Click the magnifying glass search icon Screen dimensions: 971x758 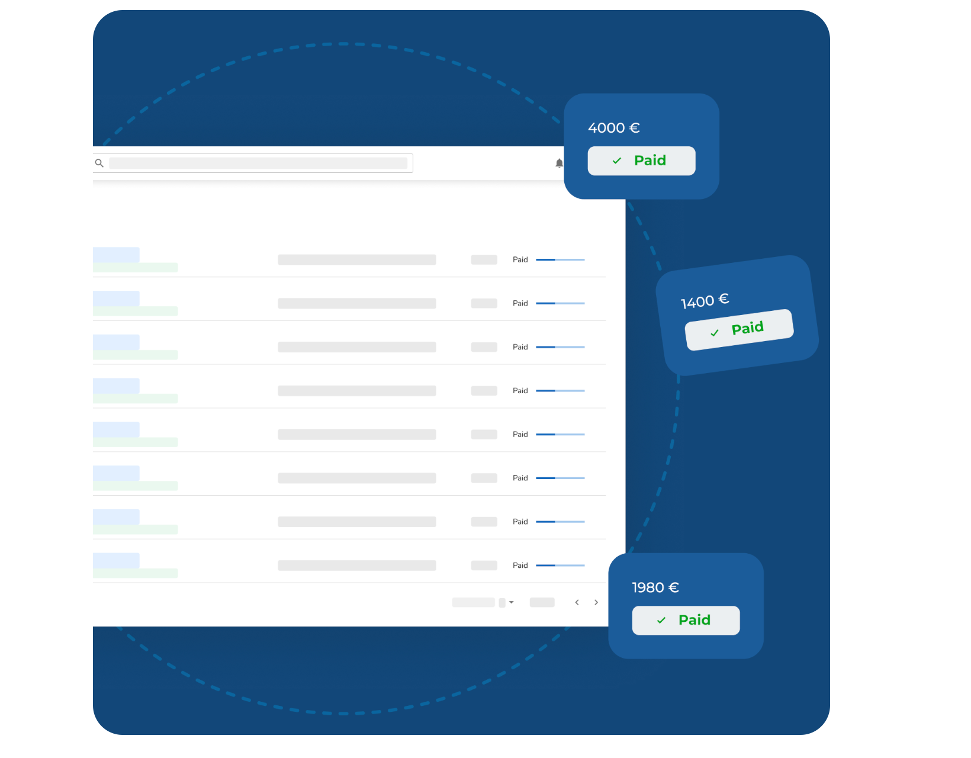pyautogui.click(x=99, y=163)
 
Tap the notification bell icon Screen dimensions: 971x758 pyautogui.click(x=559, y=163)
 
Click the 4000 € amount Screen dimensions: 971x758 pyautogui.click(x=613, y=128)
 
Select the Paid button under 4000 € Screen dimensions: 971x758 pyautogui.click(x=641, y=160)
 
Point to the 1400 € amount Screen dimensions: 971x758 pyautogui.click(x=705, y=301)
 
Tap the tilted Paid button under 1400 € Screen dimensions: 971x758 pyautogui.click(x=739, y=329)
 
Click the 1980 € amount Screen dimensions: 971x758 pyautogui.click(x=655, y=587)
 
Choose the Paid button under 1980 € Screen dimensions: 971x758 pyautogui.click(x=686, y=620)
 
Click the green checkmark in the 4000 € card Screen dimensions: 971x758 pyautogui.click(x=617, y=160)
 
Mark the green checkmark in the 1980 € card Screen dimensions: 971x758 pyautogui.click(x=661, y=620)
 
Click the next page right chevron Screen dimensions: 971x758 pyautogui.click(x=596, y=602)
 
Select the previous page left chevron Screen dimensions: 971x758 pyautogui.click(x=577, y=602)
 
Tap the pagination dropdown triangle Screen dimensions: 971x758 pyautogui.click(x=512, y=602)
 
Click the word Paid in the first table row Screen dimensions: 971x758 pyautogui.click(x=520, y=259)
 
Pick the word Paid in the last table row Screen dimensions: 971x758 pyautogui.click(x=520, y=566)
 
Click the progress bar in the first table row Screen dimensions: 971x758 pyautogui.click(x=560, y=259)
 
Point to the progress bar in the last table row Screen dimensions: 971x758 pyautogui.click(x=560, y=566)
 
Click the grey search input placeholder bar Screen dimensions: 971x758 pyautogui.click(x=258, y=163)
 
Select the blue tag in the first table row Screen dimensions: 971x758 pyautogui.click(x=116, y=255)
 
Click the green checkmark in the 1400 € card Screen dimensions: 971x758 pyautogui.click(x=715, y=333)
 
